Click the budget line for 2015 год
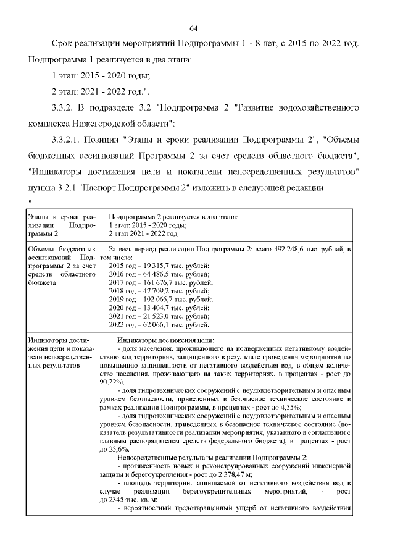coord(159,266)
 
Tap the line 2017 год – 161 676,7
coord(160,285)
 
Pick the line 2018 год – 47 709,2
coord(159,295)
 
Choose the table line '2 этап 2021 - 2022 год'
coord(143,234)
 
